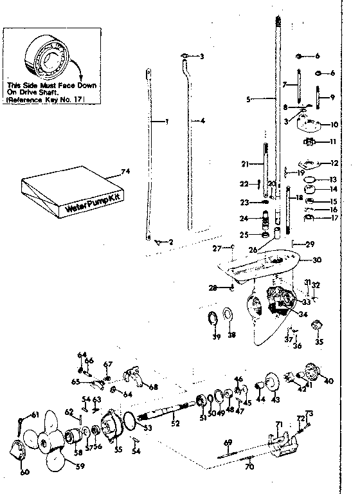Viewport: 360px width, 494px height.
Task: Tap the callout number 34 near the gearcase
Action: point(304,313)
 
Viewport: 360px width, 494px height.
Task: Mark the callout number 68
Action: point(152,387)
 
